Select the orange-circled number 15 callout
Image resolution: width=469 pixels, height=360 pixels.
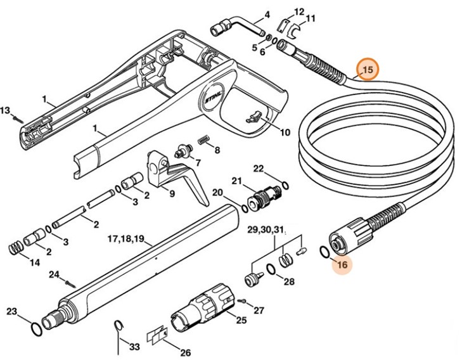coord(367,69)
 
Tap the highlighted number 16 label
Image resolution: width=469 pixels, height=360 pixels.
coord(342,265)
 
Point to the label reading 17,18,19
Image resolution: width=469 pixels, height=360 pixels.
coord(125,240)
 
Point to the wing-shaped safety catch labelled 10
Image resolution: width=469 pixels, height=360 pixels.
coord(255,116)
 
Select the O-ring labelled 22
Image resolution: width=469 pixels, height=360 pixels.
coord(285,186)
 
